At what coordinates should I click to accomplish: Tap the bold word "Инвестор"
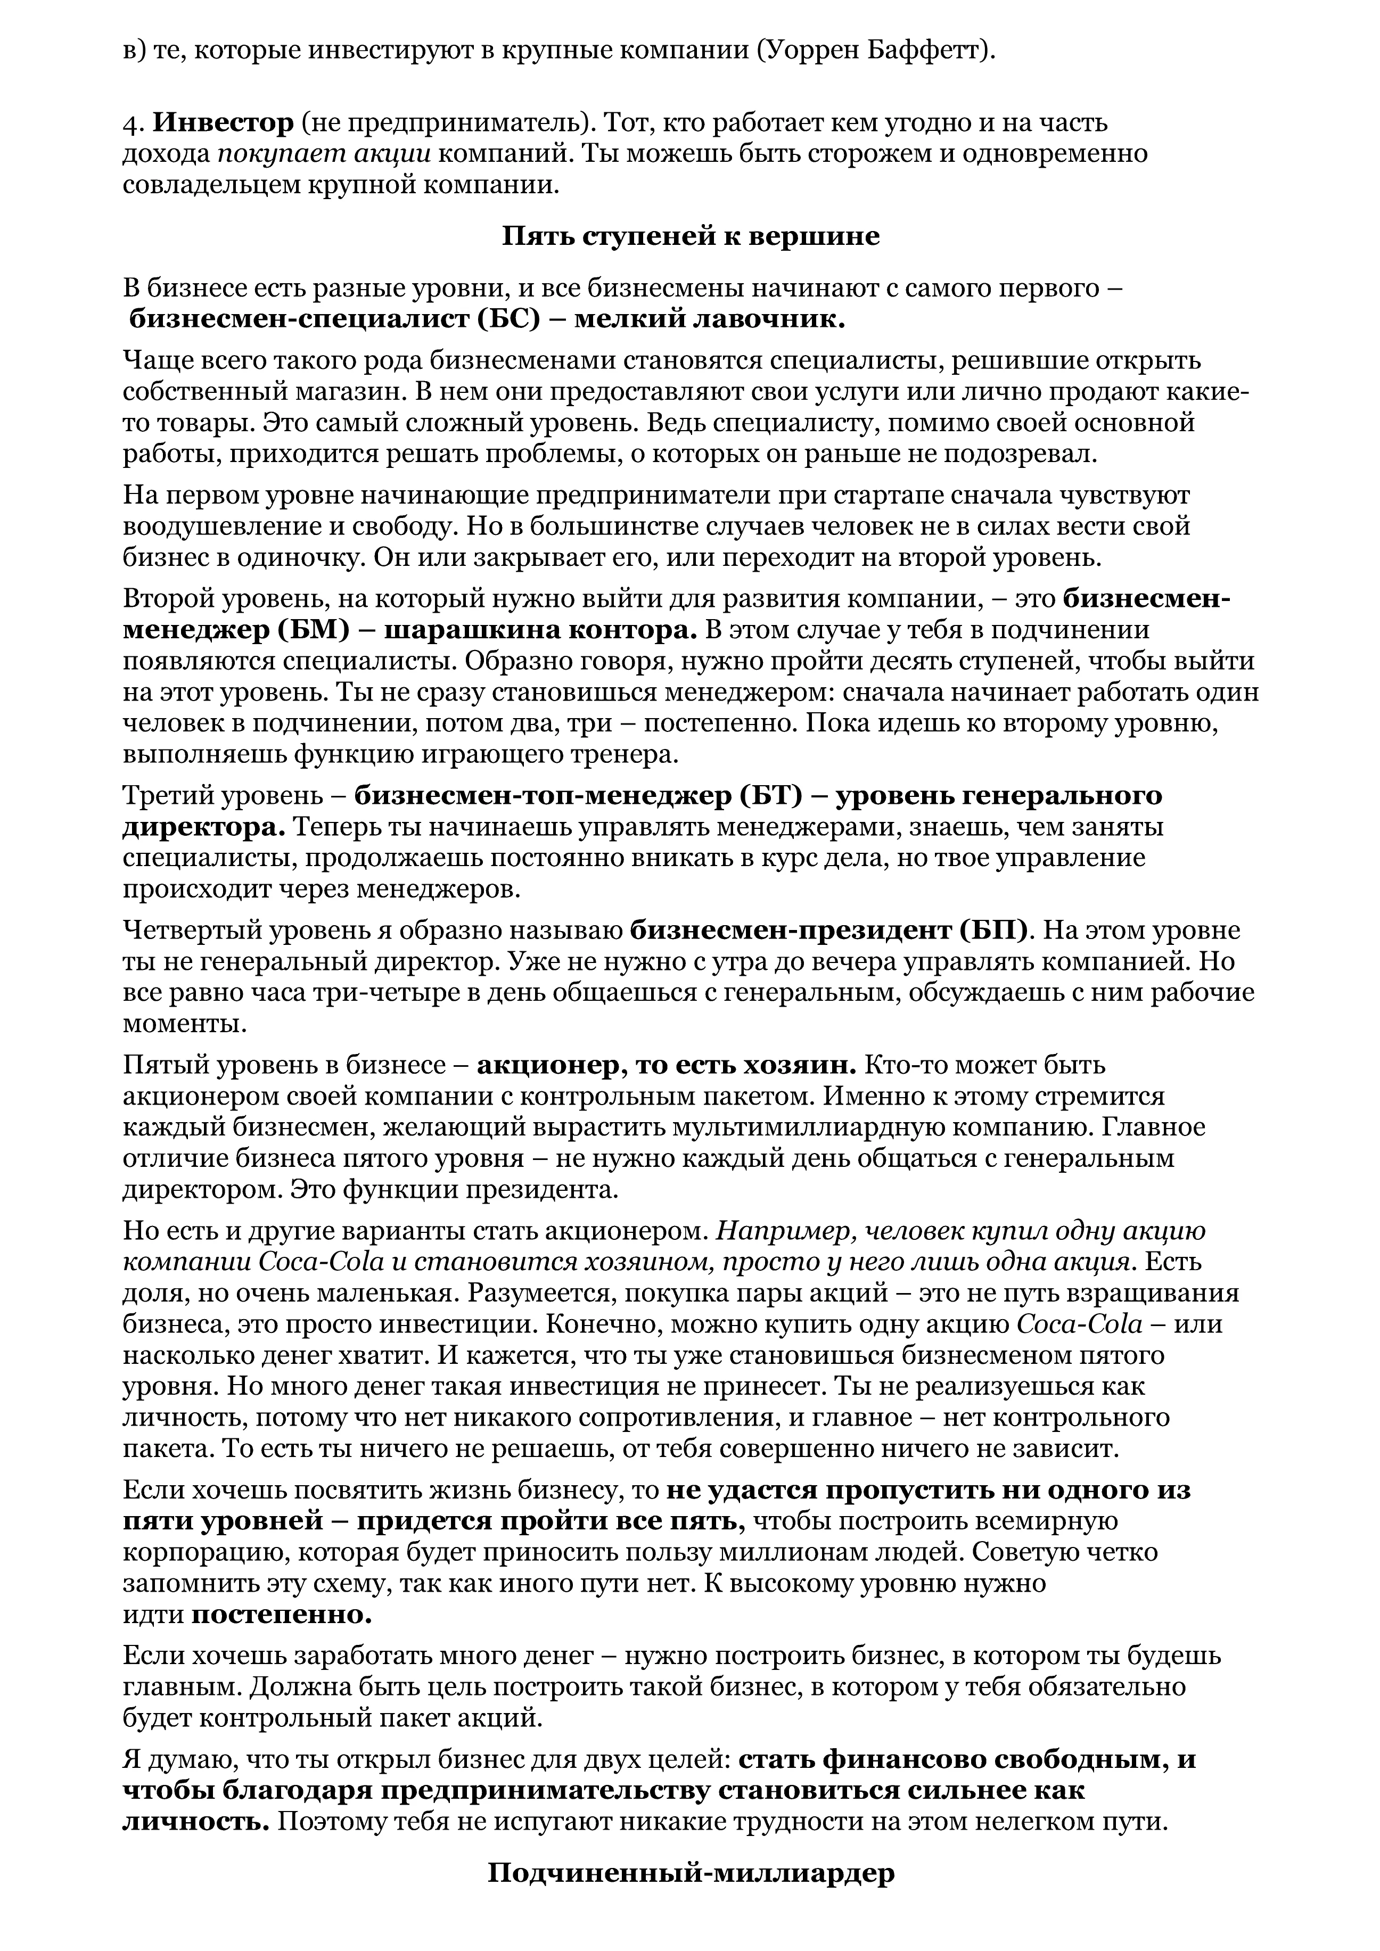pyautogui.click(x=223, y=123)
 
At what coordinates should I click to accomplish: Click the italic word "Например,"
pyautogui.click(x=785, y=1230)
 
